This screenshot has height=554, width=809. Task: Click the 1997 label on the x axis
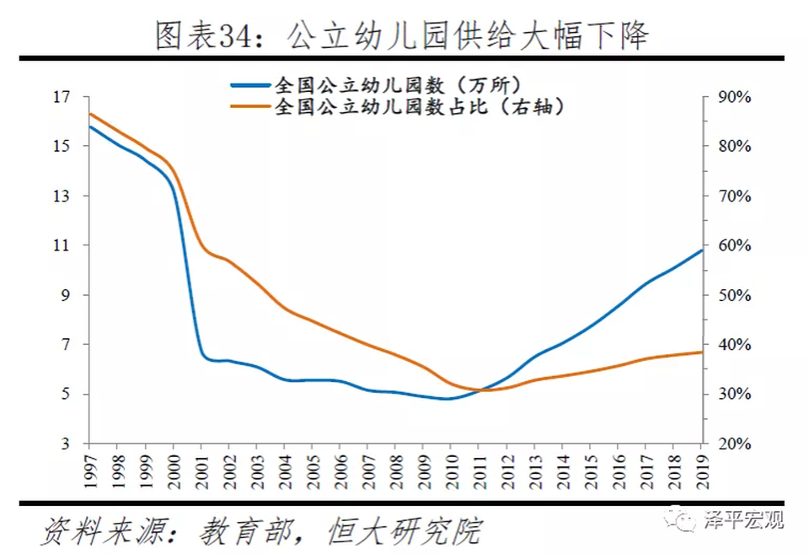click(89, 467)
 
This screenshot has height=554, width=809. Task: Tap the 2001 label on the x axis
click(201, 467)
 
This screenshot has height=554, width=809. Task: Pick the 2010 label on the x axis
click(451, 467)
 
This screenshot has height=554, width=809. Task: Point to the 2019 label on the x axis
click(701, 467)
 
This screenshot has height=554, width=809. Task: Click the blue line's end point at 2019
click(701, 250)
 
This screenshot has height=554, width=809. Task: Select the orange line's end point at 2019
click(701, 352)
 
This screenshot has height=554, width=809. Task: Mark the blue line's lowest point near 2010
click(447, 399)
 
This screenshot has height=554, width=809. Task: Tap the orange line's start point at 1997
click(89, 114)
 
